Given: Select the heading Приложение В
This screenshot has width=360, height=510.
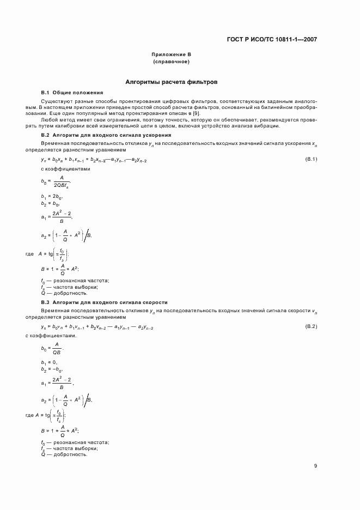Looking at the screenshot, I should coord(171,55).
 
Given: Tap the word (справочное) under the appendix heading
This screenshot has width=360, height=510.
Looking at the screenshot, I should coord(171,62).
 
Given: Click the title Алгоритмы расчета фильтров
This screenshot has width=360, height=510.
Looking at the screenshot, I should coord(171,82).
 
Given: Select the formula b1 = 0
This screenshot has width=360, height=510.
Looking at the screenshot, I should coord(50,362).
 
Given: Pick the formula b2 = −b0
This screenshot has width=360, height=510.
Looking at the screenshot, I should coord(52,369).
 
